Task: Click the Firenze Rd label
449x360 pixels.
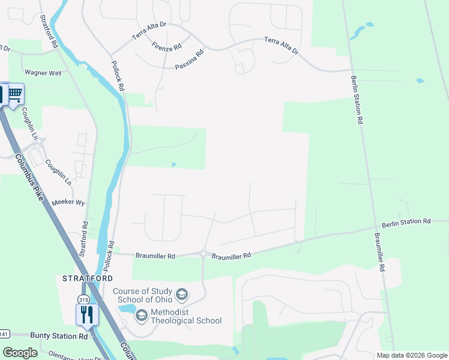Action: pos(167,47)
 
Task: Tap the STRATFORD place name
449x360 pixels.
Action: pos(88,278)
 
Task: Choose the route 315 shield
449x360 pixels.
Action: pos(83,299)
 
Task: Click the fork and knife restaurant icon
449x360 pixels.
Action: pos(87,314)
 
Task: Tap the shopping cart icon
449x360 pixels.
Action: pos(15,94)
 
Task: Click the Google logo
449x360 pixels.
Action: pos(20,353)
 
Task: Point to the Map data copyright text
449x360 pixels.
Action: pos(412,355)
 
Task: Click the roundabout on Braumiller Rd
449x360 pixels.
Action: pos(205,254)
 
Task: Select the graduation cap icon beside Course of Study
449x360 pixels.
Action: pos(182,295)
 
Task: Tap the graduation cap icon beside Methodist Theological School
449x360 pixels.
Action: pos(142,315)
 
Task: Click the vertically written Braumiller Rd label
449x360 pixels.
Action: pos(379,252)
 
